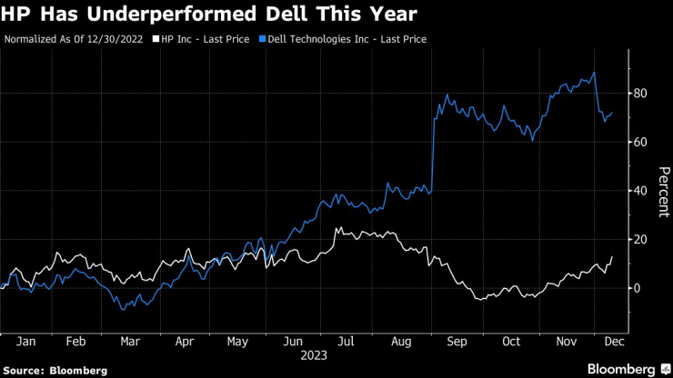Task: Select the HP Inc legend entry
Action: [203, 39]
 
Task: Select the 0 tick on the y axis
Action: [637, 288]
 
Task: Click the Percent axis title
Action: [664, 191]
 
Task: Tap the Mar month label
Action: [131, 343]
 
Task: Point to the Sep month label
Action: [457, 343]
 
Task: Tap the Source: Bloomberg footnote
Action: [55, 371]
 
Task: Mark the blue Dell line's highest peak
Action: [594, 73]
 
